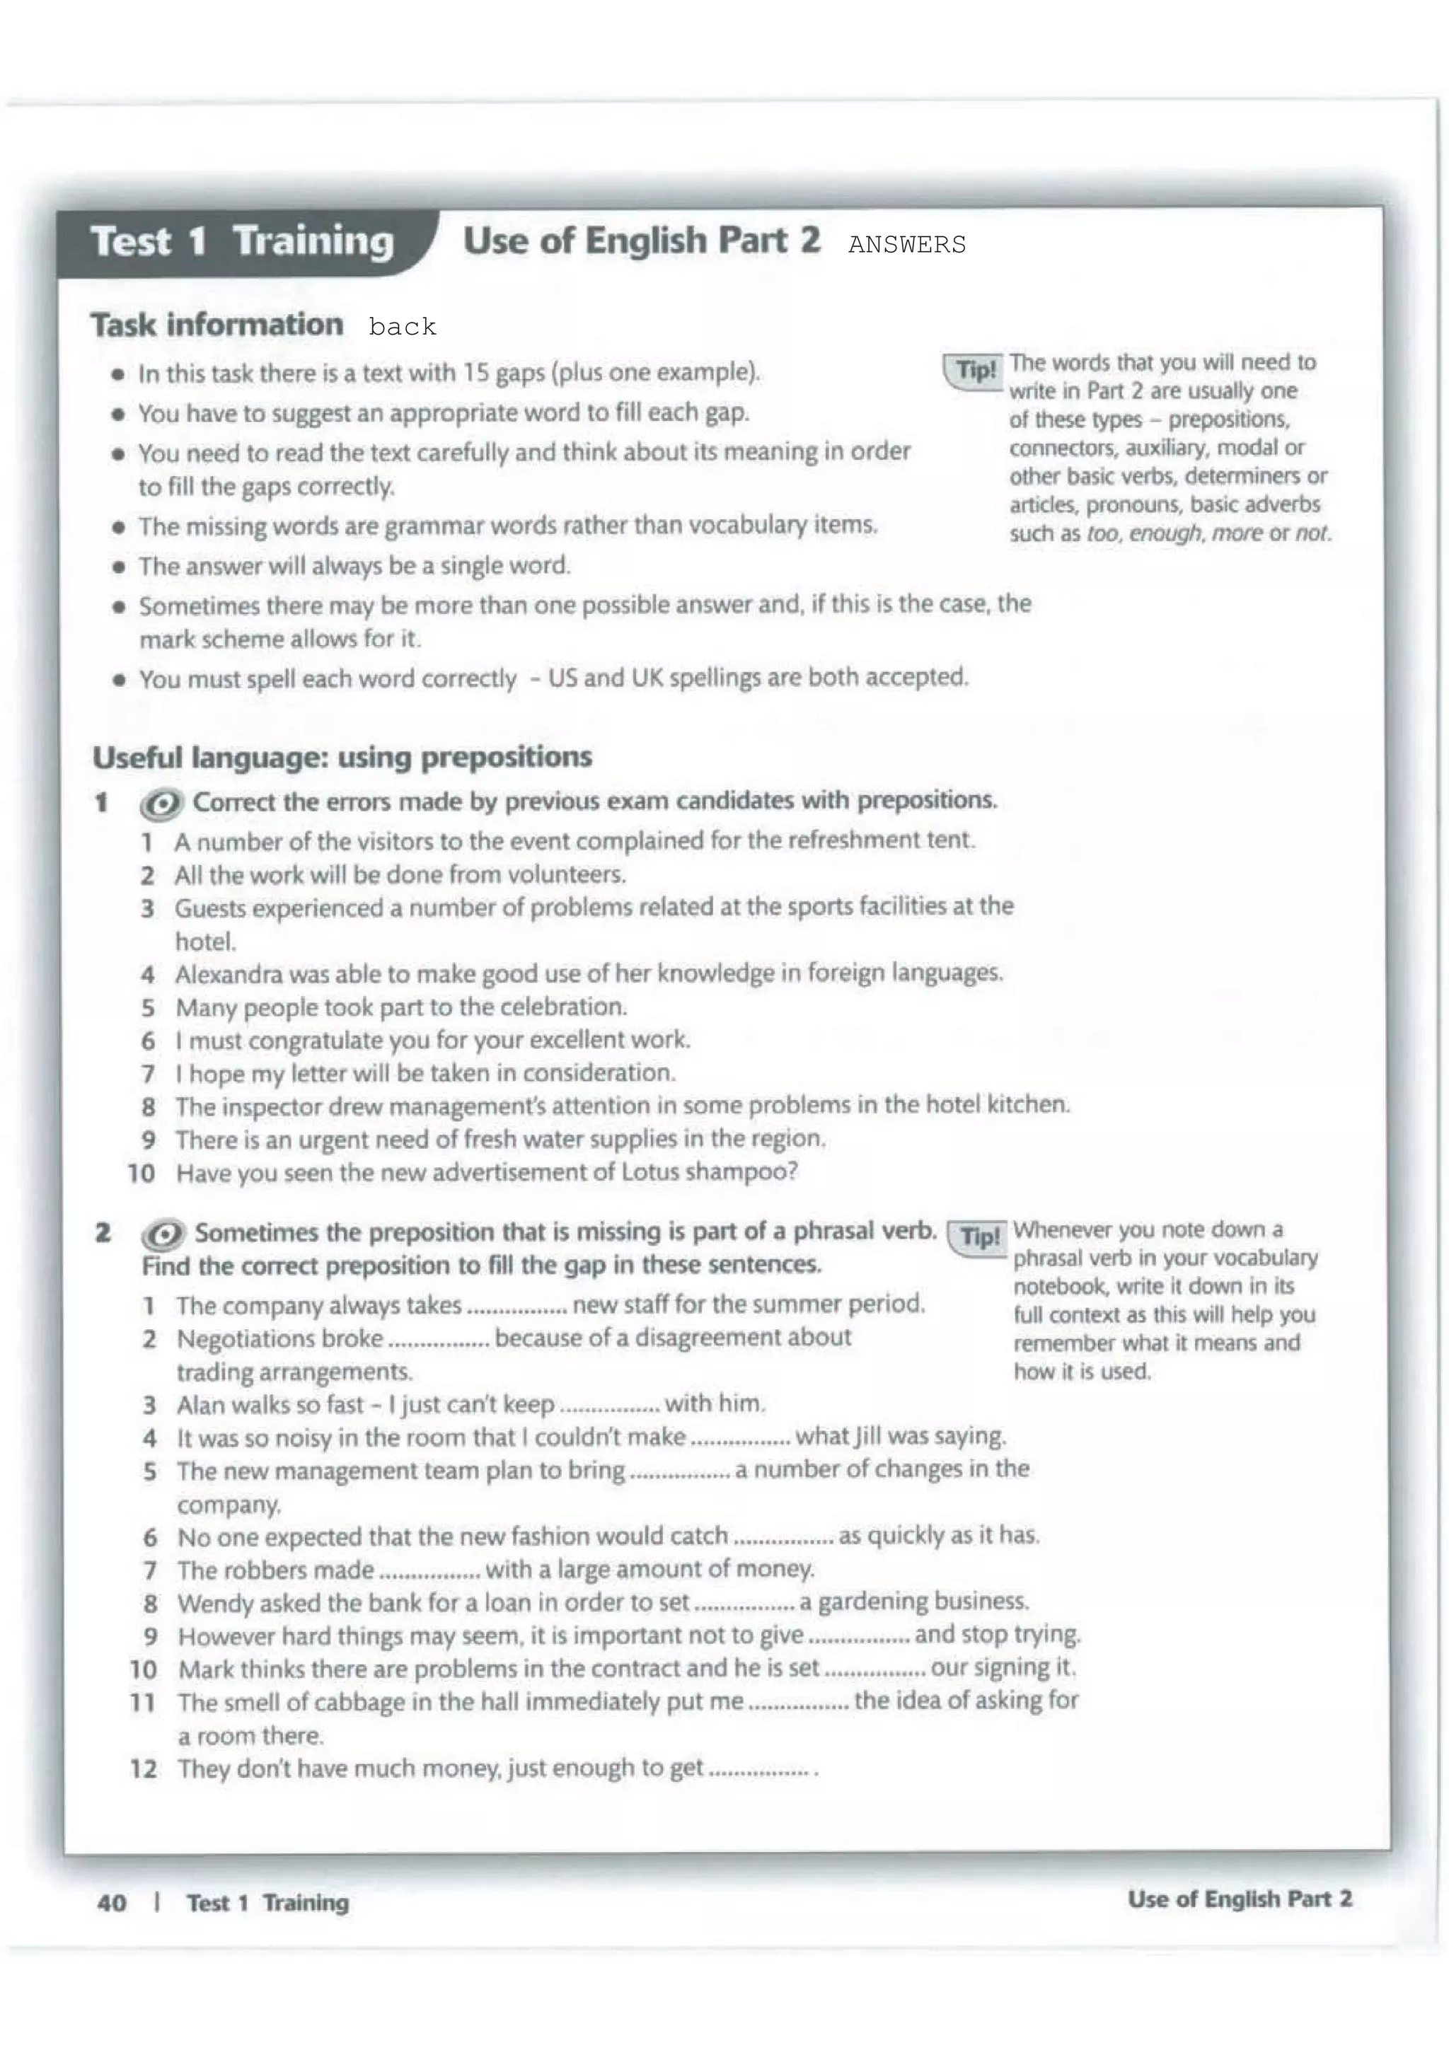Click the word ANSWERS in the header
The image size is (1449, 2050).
tap(906, 245)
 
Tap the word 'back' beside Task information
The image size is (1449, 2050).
tap(402, 327)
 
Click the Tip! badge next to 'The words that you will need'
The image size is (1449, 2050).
tap(974, 370)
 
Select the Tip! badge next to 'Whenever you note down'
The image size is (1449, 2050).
tap(978, 1237)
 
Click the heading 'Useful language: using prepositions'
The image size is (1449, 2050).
tap(342, 757)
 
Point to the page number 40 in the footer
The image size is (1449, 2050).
tap(112, 1903)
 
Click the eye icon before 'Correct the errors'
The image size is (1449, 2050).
tap(161, 804)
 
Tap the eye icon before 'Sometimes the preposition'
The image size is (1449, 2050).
tap(163, 1235)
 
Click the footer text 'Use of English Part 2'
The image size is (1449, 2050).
tap(1238, 1899)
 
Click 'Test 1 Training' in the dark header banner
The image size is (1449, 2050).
tap(242, 242)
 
